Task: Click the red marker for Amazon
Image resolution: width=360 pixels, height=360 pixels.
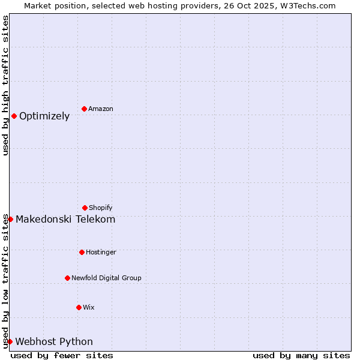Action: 84,109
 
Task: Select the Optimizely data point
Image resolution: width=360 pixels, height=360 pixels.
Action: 14,116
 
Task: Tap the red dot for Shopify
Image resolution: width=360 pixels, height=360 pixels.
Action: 85,208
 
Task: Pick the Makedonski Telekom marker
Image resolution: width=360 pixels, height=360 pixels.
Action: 10,219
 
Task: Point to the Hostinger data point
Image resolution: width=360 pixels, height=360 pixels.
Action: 82,252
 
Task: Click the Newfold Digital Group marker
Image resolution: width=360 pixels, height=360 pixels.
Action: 67,278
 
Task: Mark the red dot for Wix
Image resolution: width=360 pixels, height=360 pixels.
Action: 79,307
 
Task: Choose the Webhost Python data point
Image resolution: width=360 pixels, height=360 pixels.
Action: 10,341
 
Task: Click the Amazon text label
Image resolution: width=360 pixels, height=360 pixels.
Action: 101,109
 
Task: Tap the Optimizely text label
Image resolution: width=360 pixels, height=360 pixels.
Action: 44,116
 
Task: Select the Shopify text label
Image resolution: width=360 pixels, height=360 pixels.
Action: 101,208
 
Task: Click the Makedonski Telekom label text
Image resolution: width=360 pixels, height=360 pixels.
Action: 65,220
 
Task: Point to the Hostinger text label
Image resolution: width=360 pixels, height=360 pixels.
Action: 101,253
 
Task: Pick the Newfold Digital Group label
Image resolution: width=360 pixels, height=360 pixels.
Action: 106,278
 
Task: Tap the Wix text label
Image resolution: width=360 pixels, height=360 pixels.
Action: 89,308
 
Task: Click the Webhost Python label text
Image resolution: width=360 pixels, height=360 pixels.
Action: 54,342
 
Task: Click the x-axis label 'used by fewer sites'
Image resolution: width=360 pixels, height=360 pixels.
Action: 62,356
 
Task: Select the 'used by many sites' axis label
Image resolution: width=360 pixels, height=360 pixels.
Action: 301,356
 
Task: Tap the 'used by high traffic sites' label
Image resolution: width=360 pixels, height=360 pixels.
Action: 5,85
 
